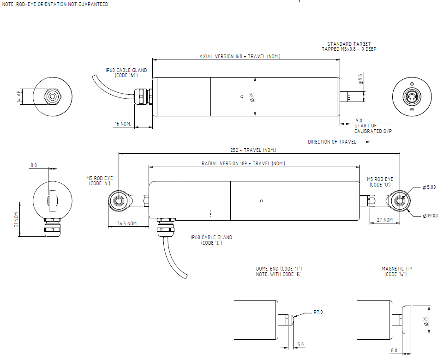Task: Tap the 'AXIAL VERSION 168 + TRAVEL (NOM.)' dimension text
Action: tap(240, 56)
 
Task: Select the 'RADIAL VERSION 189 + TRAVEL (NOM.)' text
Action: tap(243, 163)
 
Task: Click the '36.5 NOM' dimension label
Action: tap(127, 223)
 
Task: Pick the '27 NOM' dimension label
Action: tap(385, 220)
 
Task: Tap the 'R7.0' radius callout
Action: tap(318, 313)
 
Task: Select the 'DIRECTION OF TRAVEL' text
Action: tap(332, 142)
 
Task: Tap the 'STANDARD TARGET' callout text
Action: tap(349, 44)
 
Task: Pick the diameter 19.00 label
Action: tap(430, 216)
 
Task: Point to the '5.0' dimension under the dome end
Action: tap(300, 344)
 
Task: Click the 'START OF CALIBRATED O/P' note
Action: tap(372, 128)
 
